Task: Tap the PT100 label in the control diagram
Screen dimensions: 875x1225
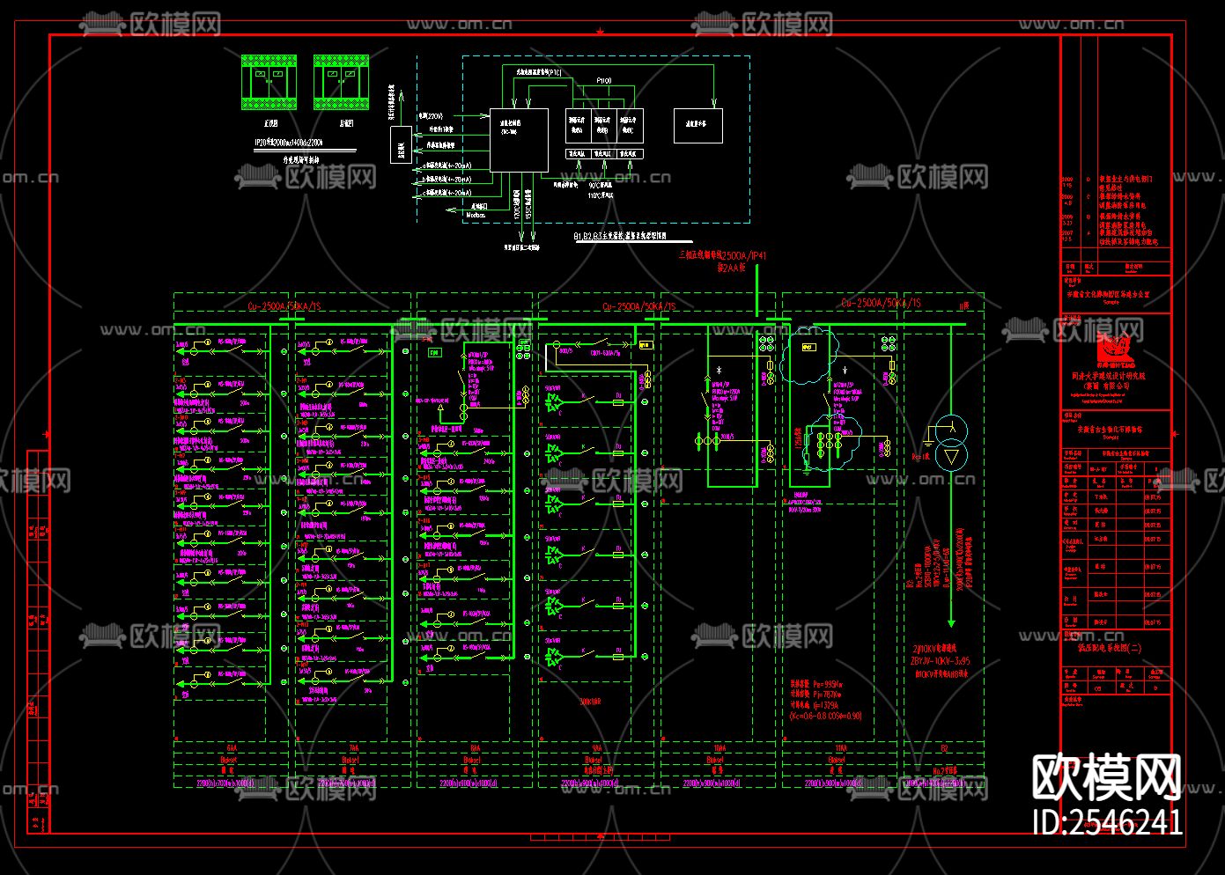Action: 603,81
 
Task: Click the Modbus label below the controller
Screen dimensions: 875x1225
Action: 475,215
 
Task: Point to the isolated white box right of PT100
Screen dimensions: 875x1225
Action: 697,126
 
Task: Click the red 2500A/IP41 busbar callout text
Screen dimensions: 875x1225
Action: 722,255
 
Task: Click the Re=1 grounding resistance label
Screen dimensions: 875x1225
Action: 920,457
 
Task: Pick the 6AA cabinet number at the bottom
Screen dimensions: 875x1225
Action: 231,747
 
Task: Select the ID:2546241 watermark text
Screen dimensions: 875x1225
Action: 1107,822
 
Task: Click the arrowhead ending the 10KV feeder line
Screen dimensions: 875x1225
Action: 950,621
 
